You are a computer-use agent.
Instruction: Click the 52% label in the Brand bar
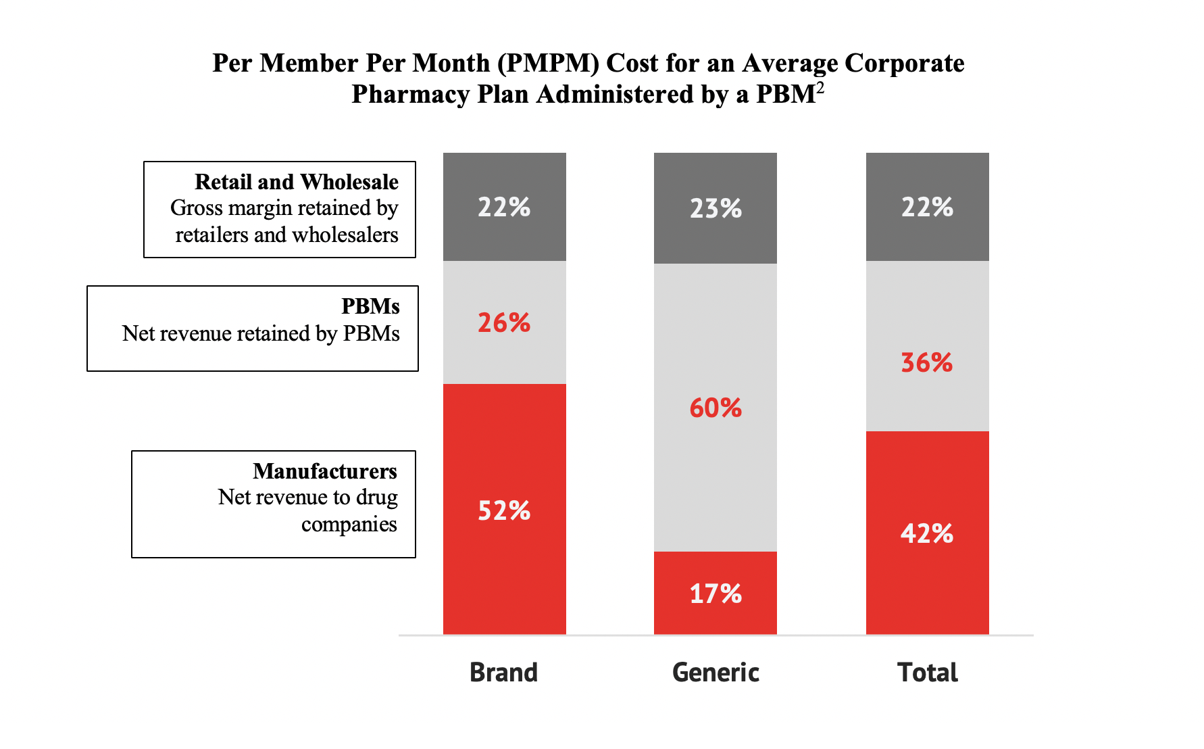coord(504,510)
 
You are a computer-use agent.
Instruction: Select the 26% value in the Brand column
coord(504,323)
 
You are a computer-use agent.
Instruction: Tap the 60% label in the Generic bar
coord(716,408)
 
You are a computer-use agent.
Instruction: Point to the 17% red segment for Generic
coord(716,594)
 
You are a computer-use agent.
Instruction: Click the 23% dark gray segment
coord(716,208)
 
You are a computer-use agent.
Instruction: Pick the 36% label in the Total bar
coord(927,363)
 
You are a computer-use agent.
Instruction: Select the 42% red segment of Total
coord(927,534)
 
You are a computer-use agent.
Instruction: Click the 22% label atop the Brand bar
coord(504,207)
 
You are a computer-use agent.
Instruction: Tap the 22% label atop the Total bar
coord(927,207)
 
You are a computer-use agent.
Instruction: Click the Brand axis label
coord(504,673)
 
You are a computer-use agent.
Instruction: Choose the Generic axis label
coord(716,673)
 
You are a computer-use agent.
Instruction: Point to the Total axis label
coord(927,673)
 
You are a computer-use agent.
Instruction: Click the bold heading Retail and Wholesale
coord(297,182)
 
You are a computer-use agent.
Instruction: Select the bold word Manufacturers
coord(325,471)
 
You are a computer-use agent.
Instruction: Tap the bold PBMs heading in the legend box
coord(370,306)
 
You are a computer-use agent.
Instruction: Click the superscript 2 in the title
coord(820,87)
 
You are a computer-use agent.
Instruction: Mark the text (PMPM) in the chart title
coord(548,63)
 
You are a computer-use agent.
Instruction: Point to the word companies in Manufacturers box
coord(349,525)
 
